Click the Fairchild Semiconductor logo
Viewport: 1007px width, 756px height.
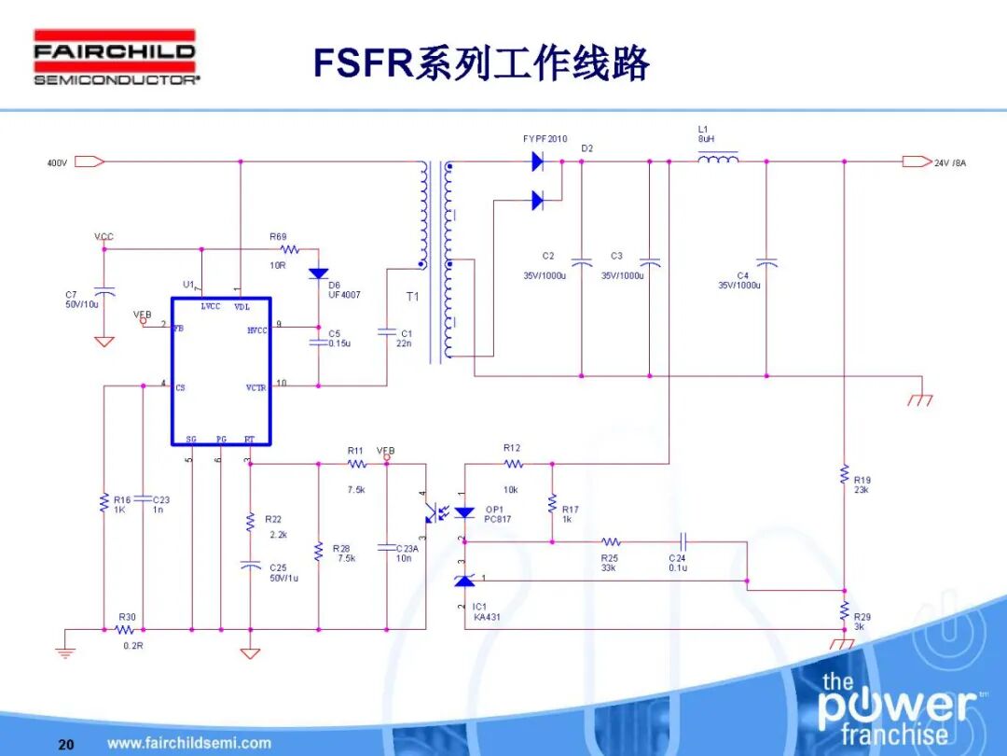pos(117,58)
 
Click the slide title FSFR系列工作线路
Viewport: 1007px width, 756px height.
pos(480,63)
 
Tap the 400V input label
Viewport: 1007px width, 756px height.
pos(57,163)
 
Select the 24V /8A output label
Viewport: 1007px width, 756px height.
pos(950,163)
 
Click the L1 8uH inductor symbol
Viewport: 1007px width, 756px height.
pos(718,160)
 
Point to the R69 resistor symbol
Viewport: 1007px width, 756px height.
pos(288,249)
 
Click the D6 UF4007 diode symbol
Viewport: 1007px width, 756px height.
pos(319,273)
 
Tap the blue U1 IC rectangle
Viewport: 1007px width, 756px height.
pos(221,371)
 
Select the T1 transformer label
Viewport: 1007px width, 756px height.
pos(411,296)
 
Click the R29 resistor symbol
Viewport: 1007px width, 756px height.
pos(844,610)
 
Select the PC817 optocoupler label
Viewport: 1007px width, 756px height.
pos(498,519)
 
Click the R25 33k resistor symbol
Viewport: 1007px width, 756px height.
pos(611,541)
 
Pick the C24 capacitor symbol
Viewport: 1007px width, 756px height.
pos(683,541)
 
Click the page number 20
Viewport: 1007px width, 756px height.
pos(65,744)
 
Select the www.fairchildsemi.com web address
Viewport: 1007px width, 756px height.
pos(189,744)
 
